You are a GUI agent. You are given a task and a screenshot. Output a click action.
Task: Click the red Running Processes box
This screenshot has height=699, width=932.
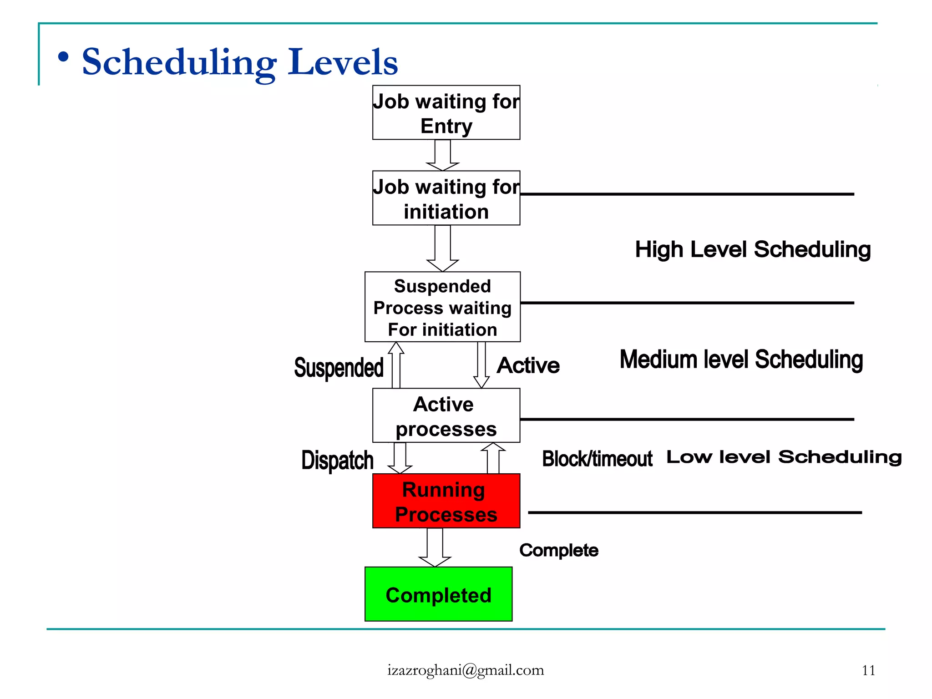pyautogui.click(x=446, y=501)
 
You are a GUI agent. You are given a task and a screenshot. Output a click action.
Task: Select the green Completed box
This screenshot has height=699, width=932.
pyautogui.click(x=438, y=594)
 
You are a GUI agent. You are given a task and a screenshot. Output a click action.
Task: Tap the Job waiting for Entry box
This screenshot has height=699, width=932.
pyautogui.click(x=446, y=112)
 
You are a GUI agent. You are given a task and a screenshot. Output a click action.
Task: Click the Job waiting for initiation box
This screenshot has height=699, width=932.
pyautogui.click(x=446, y=198)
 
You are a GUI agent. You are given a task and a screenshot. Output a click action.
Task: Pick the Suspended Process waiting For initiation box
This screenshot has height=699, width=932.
pyautogui.click(x=442, y=307)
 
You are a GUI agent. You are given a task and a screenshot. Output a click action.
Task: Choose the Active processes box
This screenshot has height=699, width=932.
pyautogui.click(x=446, y=415)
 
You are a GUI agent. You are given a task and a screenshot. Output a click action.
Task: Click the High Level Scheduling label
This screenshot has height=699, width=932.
pyautogui.click(x=753, y=249)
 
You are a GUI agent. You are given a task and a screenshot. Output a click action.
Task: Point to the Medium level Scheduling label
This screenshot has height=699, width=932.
pyautogui.click(x=741, y=360)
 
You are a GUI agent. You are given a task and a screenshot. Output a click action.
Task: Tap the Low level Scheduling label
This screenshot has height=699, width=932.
pyautogui.click(x=784, y=457)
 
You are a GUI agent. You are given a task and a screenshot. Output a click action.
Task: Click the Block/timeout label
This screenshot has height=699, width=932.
pyautogui.click(x=597, y=459)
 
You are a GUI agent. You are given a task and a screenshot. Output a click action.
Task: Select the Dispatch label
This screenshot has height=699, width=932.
pyautogui.click(x=337, y=460)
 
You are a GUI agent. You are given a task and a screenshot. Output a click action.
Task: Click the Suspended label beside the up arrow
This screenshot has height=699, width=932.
pyautogui.click(x=339, y=368)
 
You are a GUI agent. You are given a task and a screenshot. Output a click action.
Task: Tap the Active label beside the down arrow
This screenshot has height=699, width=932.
pyautogui.click(x=528, y=365)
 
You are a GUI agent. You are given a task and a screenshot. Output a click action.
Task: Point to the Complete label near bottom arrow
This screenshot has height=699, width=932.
pyautogui.click(x=558, y=550)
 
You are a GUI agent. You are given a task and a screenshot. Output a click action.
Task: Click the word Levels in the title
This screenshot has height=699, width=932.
pyautogui.click(x=343, y=62)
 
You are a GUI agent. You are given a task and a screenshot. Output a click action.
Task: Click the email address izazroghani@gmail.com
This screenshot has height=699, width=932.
pyautogui.click(x=466, y=670)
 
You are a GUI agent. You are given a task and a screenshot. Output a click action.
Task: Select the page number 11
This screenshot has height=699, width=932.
pyautogui.click(x=868, y=670)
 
